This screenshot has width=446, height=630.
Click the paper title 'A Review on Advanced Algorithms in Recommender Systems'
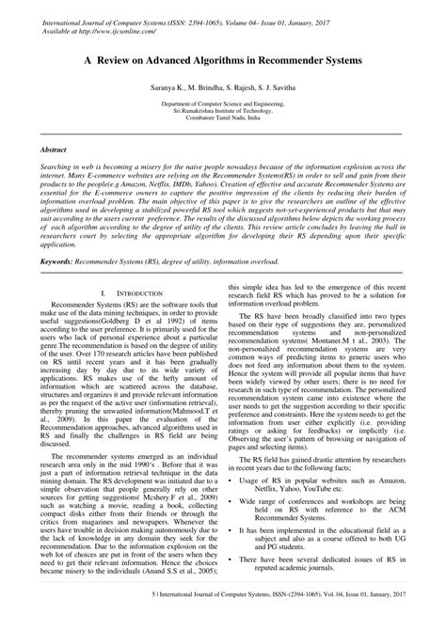pyautogui.click(x=222, y=55)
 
